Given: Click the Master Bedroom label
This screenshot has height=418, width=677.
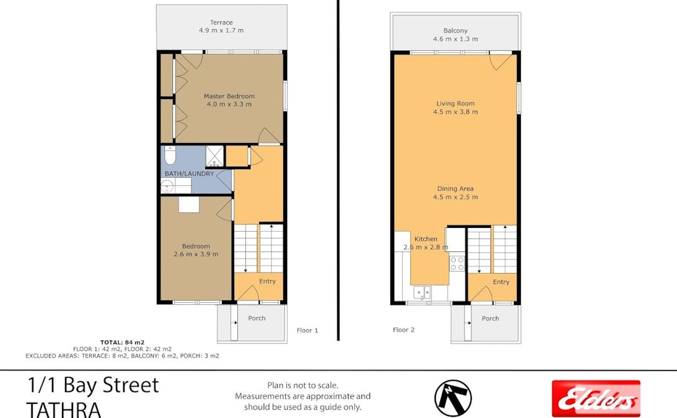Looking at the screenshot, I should coord(229,96).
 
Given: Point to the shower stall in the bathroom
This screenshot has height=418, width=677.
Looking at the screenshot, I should coord(215,156).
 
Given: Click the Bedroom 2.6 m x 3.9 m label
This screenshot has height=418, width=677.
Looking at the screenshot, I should coord(195,250).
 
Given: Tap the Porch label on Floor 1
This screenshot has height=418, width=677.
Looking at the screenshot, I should coord(257,318).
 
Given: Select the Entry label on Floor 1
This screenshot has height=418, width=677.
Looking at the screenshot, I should coord(267,281).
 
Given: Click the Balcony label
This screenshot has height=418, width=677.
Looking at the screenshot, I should coord(455,30).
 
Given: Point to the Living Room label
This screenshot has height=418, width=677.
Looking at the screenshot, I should coord(455,103).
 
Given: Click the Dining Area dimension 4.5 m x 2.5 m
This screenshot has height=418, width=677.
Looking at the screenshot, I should coord(455,197).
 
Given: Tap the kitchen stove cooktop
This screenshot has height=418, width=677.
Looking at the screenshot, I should coord(457,263).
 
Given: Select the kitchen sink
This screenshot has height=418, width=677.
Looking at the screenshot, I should coord(423,292).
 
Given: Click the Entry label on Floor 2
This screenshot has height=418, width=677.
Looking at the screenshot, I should coord(501,282).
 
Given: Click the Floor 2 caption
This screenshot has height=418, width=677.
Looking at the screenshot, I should coord(404,330).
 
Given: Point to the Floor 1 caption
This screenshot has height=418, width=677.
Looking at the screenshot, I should coord(307,331).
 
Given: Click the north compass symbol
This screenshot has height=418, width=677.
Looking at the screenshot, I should coord(453,398).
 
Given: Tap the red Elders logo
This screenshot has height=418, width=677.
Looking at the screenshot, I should coord(596,398).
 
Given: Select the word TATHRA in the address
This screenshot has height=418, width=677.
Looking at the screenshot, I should coord(63,409).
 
